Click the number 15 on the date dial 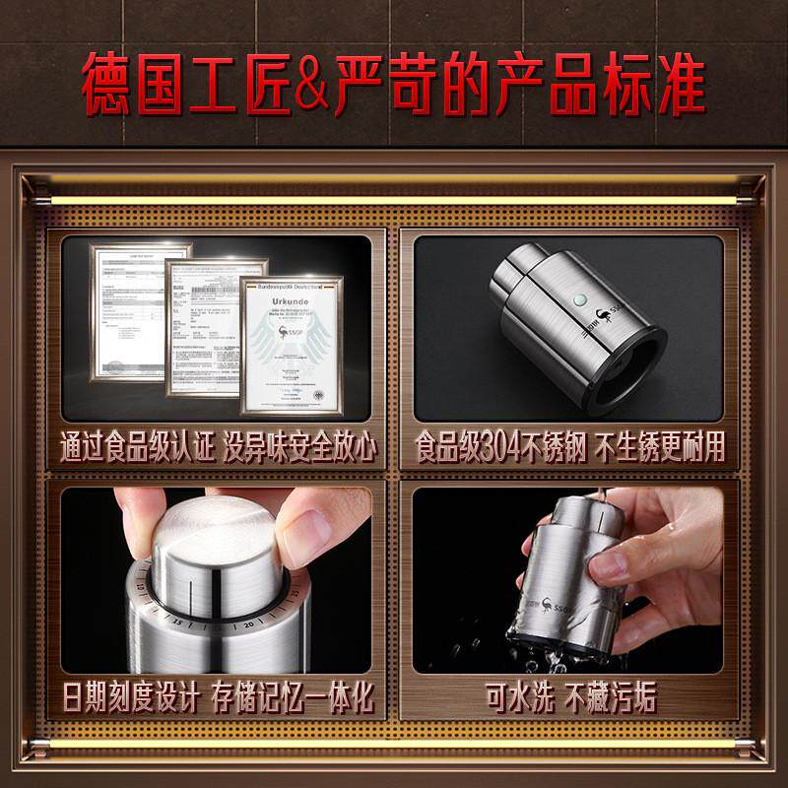pyautogui.click(x=176, y=623)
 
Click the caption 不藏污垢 pyautogui.click(x=611, y=698)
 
